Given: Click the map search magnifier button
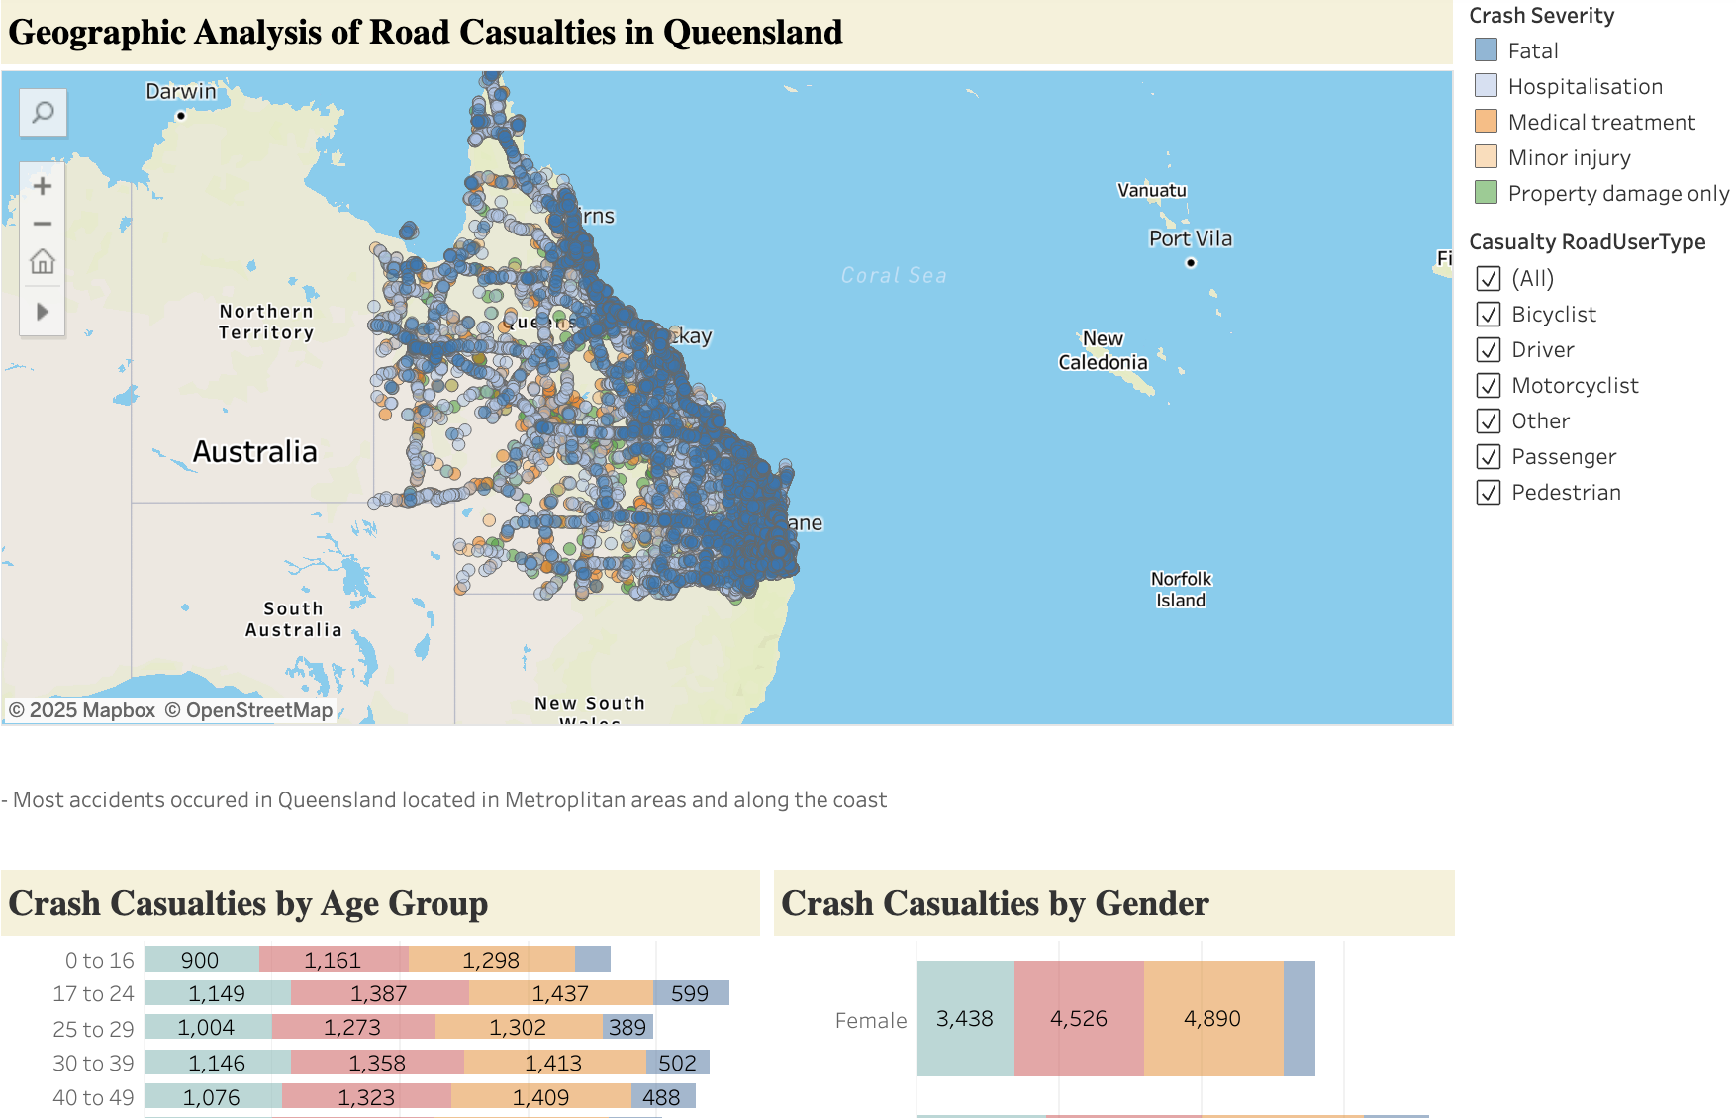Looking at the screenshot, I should pos(43,113).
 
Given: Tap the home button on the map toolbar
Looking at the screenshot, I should pos(43,262).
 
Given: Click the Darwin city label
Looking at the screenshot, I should pos(180,92).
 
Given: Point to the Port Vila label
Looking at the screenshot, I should pos(1190,238).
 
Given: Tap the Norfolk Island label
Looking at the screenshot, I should pos(1181,590).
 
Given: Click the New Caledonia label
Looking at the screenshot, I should pos(1103,350).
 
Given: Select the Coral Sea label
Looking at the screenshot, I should pos(893,275).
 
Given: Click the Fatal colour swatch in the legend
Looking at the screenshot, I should pos(1486,50).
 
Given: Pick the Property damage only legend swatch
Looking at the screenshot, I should pos(1486,193).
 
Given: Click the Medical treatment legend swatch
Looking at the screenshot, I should pos(1486,122).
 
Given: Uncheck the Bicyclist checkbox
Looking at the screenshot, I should pos(1488,315).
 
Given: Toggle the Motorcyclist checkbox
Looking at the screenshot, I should pos(1488,386).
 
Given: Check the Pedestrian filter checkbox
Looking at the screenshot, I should pos(1488,493).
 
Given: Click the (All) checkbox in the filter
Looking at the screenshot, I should pos(1488,279).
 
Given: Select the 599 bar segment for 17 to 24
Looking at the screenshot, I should pos(690,993).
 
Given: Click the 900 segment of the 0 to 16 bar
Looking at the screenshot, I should pos(200,960).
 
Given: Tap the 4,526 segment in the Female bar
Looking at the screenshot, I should pos(1078,1019).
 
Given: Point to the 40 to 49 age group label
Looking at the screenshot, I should pos(93,1097).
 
